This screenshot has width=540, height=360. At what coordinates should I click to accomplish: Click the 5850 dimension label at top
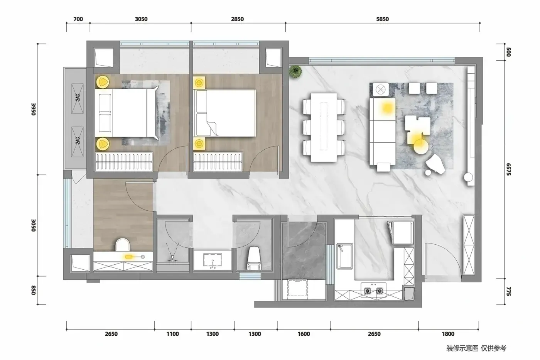pyautogui.click(x=382, y=19)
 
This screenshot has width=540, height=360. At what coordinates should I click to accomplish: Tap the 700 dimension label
pyautogui.click(x=78, y=19)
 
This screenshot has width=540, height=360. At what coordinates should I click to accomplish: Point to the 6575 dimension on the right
pyautogui.click(x=508, y=169)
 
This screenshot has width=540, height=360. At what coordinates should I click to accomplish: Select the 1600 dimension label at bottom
pyautogui.click(x=304, y=334)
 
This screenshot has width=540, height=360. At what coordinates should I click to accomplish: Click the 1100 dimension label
pyautogui.click(x=173, y=334)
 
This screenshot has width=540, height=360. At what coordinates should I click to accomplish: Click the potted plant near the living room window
pyautogui.click(x=295, y=71)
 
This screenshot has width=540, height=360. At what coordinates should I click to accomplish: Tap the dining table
pyautogui.click(x=324, y=127)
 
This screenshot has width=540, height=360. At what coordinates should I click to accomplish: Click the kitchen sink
pyautogui.click(x=344, y=256)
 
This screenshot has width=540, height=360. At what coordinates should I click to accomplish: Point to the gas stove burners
pyautogui.click(x=373, y=291)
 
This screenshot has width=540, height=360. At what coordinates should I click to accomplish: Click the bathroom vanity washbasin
pyautogui.click(x=213, y=260)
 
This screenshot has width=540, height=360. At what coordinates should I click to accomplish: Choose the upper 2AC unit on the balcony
pyautogui.click(x=78, y=99)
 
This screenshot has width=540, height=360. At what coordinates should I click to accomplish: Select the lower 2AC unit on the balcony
pyautogui.click(x=78, y=142)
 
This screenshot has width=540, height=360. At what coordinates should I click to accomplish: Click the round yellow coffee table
pyautogui.click(x=421, y=146)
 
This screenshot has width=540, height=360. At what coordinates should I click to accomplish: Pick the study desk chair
pyautogui.click(x=123, y=245)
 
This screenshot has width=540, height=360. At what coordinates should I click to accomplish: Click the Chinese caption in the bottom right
pyautogui.click(x=476, y=348)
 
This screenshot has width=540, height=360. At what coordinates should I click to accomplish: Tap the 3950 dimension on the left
pyautogui.click(x=34, y=109)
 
